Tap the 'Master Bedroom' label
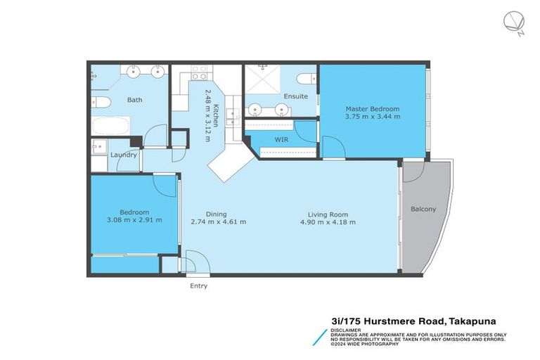pos(372,109)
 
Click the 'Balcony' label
pos(423,209)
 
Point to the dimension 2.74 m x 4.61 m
pos(218,222)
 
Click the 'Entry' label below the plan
pos(198,286)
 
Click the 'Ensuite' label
pos(295,96)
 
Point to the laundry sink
pos(98,147)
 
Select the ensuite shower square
pos(262,82)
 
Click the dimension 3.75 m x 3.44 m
pos(372,117)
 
